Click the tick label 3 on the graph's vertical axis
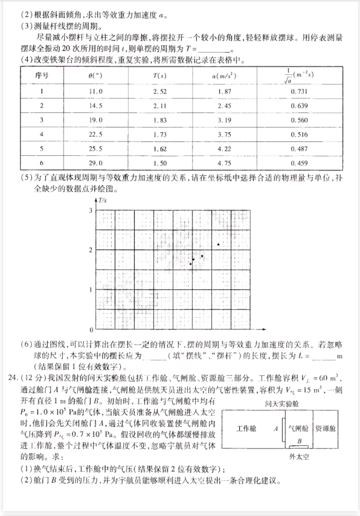click(x=91, y=210)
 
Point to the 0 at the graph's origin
click(x=91, y=331)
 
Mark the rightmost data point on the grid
click(x=218, y=244)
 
